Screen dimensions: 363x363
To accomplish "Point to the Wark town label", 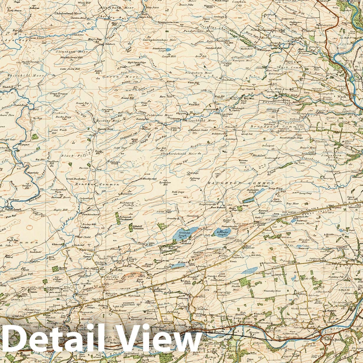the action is click(x=341, y=96).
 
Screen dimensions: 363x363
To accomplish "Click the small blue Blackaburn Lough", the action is click(x=168, y=55).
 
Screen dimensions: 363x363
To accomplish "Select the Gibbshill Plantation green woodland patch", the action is click(x=131, y=227).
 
